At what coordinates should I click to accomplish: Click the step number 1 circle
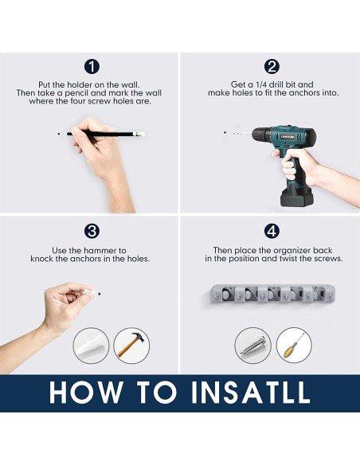tap(92, 67)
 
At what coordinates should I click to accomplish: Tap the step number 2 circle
tap(272, 67)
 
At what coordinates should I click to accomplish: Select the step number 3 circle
tap(92, 231)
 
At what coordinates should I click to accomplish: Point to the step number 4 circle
tap(272, 231)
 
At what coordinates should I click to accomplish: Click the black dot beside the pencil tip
tap(59, 134)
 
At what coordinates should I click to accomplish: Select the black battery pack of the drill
tap(294, 197)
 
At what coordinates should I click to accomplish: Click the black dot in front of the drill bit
tap(225, 132)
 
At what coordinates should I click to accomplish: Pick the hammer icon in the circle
tap(131, 346)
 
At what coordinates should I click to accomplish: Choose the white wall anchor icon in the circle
tap(91, 346)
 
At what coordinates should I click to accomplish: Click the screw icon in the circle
tap(252, 346)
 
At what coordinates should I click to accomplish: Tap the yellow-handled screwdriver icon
tap(294, 346)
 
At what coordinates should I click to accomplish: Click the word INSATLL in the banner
tap(250, 393)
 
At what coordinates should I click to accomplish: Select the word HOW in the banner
tap(86, 393)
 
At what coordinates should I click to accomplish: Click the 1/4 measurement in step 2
tap(261, 85)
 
